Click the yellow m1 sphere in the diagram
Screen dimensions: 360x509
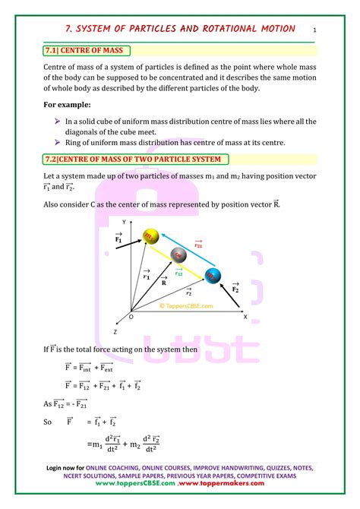[x=152, y=236]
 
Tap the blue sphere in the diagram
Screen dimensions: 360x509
[x=213, y=276]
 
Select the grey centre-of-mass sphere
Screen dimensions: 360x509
[x=179, y=254]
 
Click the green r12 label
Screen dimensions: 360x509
[x=179, y=272]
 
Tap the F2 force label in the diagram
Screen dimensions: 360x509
[x=235, y=289]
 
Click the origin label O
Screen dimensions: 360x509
[x=131, y=317]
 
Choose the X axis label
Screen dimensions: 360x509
[x=245, y=317]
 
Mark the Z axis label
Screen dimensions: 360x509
[x=115, y=332]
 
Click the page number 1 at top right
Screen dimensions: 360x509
[x=314, y=30]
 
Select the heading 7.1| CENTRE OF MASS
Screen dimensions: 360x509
[x=86, y=50]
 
